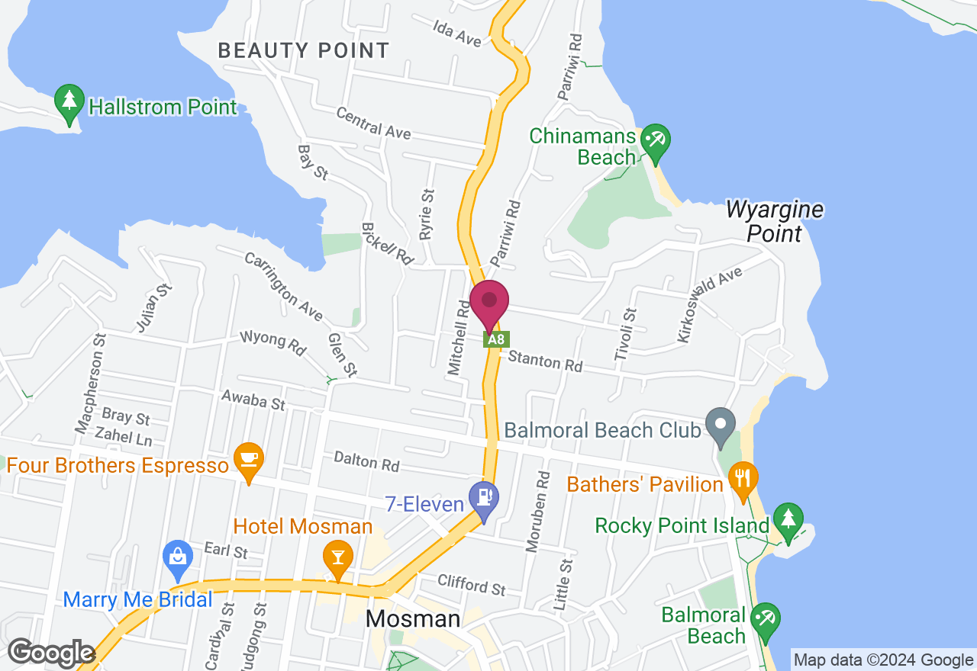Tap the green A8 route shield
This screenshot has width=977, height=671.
point(496,339)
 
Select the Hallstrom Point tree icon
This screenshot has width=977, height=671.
point(69,102)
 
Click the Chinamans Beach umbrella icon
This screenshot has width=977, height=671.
point(655,142)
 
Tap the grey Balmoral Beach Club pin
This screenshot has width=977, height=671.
point(720,426)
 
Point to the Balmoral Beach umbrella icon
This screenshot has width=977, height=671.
point(764,621)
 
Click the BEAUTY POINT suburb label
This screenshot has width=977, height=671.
point(304,51)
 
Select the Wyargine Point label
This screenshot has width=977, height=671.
point(775,221)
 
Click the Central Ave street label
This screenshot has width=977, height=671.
point(374,125)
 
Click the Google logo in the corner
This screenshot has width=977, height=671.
point(51,653)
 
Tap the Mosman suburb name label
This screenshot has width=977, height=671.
point(413,618)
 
